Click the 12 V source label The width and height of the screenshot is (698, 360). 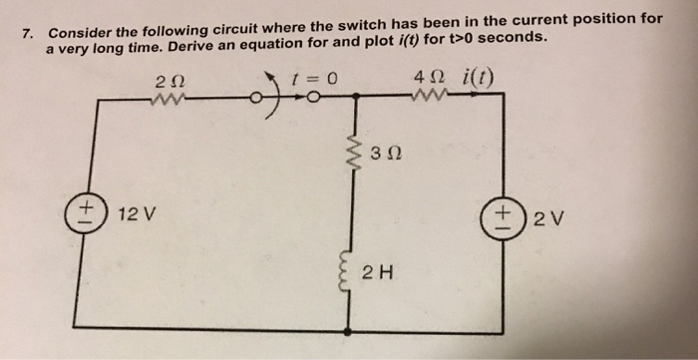click(134, 214)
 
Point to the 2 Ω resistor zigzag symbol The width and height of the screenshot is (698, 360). click(166, 98)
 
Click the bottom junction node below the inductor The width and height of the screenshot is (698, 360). click(349, 330)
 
